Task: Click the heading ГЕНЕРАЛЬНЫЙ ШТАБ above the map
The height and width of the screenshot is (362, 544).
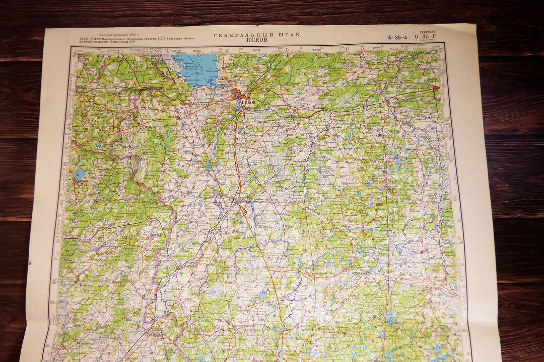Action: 256,35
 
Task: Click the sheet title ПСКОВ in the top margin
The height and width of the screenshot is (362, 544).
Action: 257,40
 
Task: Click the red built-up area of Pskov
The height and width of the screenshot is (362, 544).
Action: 238,94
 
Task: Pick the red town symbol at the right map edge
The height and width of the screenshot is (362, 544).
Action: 436,88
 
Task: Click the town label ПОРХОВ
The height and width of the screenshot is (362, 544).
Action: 395,103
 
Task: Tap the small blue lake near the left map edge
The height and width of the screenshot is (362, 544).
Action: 80,175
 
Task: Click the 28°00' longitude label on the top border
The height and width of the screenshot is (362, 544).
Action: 197,51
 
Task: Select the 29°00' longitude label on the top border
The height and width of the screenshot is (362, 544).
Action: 316,50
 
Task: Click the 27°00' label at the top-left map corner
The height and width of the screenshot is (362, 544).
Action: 79,51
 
